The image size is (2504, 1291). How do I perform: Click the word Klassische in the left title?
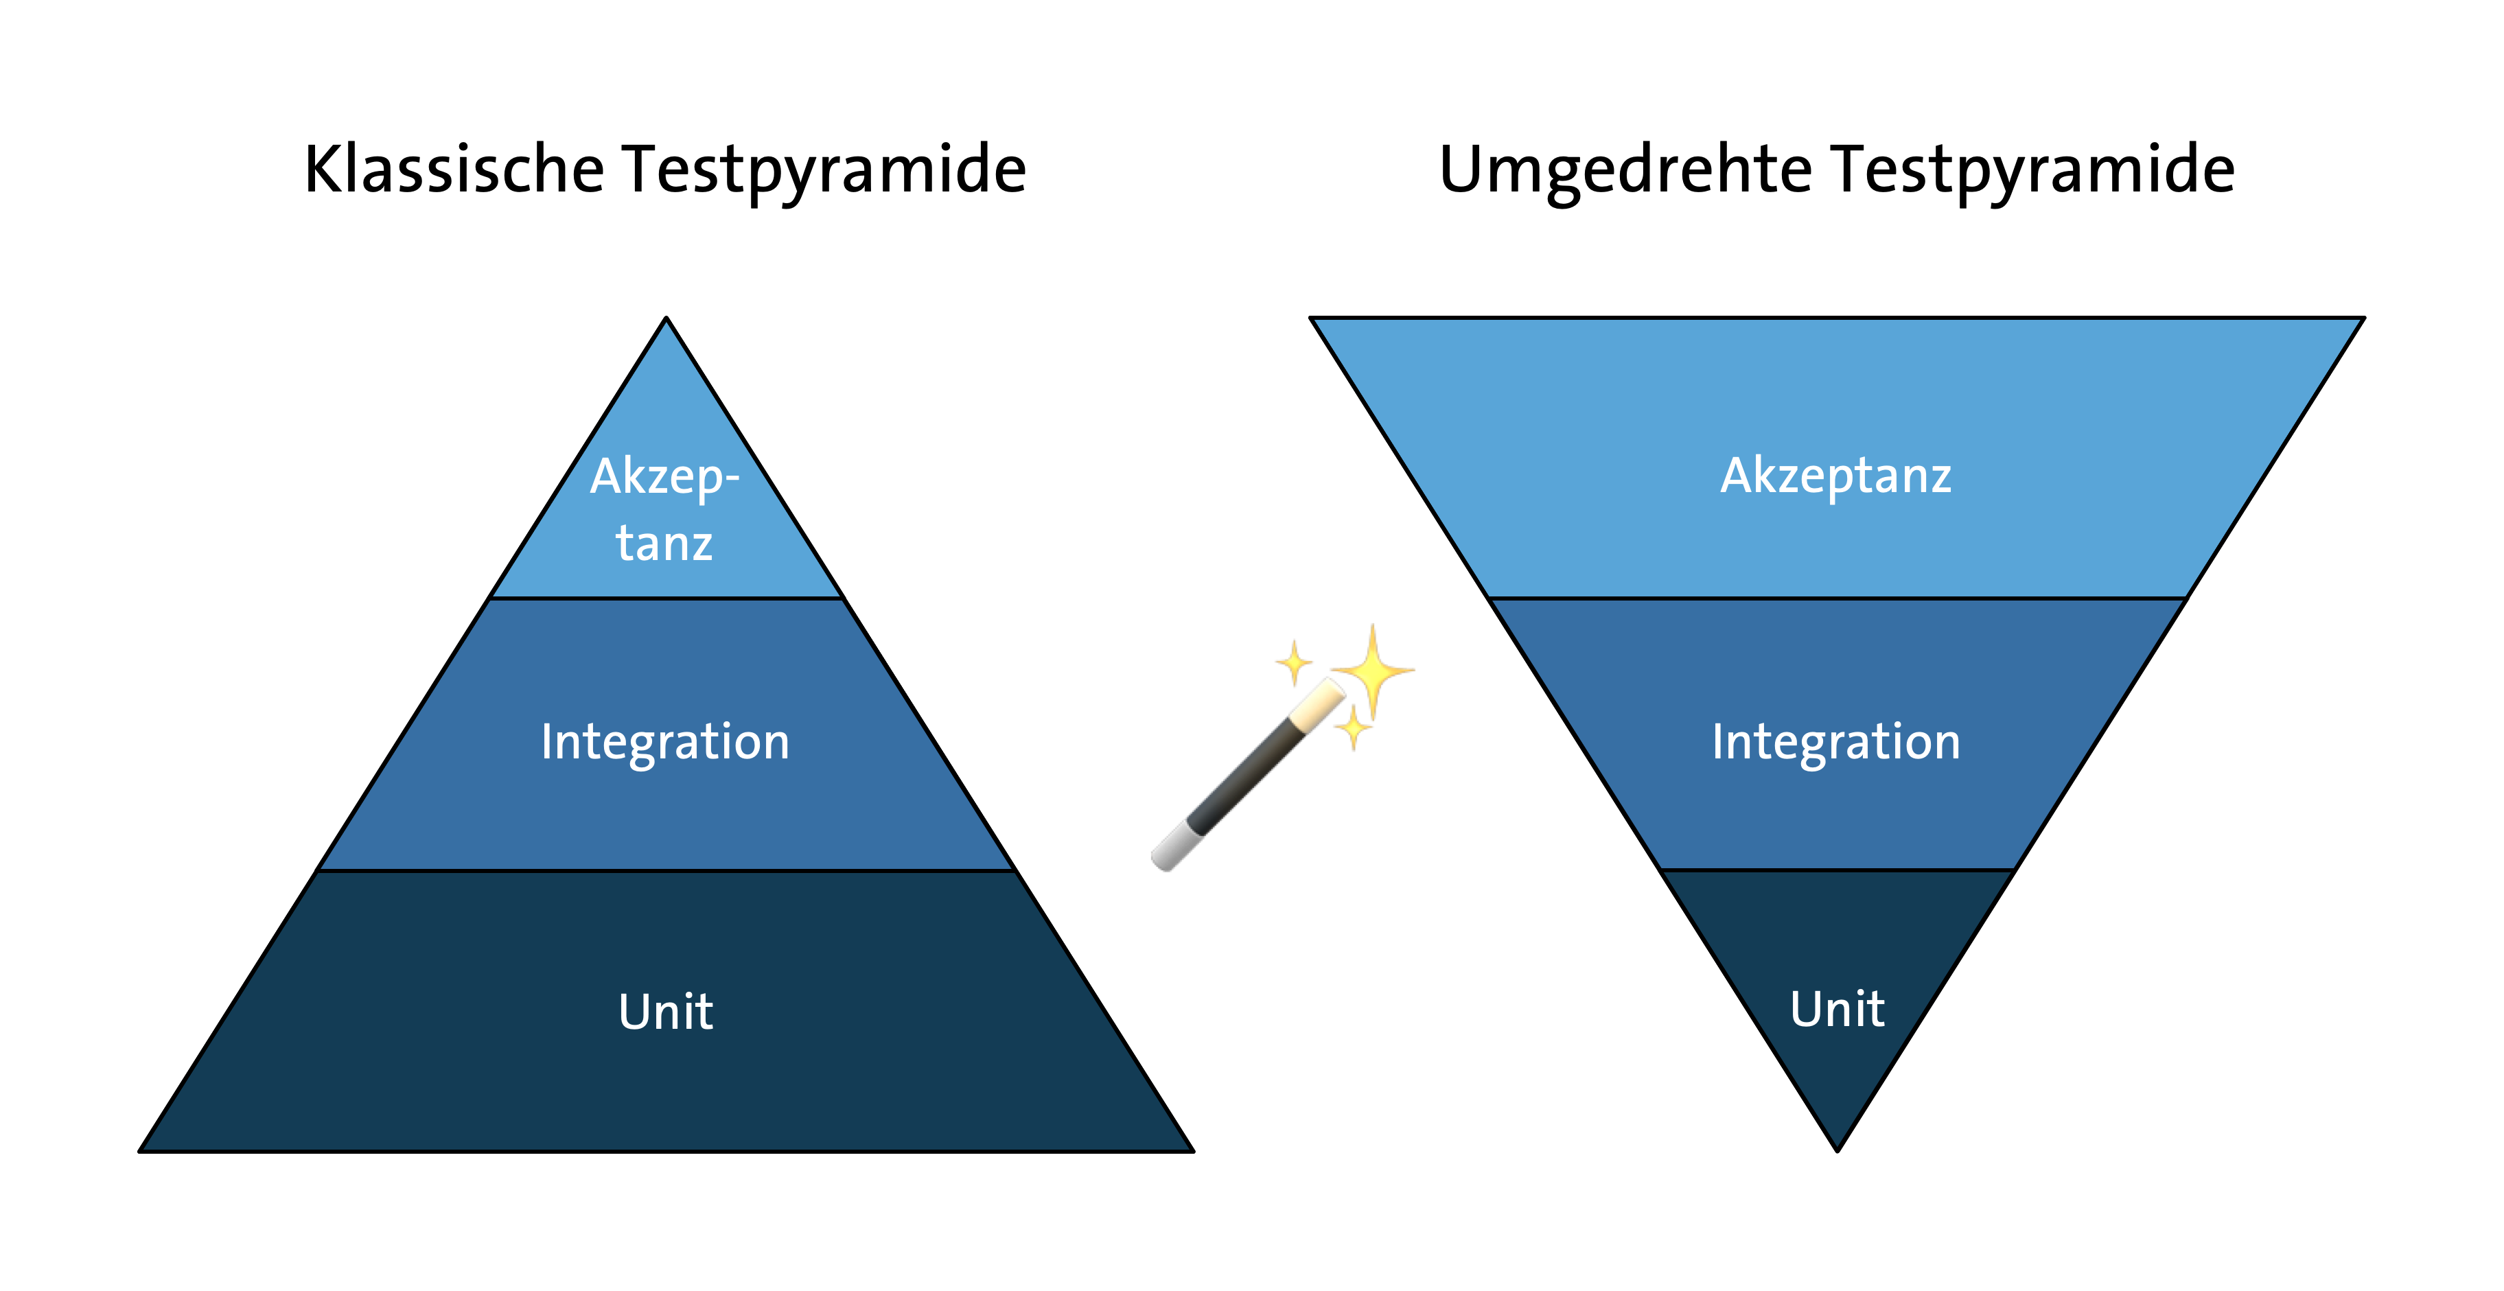click(454, 169)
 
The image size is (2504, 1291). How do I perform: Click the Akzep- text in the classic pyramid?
click(665, 478)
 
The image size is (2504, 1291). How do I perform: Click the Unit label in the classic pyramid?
click(666, 1011)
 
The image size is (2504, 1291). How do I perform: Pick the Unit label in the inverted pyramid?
click(1838, 1008)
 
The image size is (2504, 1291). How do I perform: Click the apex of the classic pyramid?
click(666, 317)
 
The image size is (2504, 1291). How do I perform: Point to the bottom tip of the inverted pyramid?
click(1838, 1152)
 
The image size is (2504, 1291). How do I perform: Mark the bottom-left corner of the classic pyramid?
click(140, 1152)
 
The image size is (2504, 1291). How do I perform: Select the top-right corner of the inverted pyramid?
click(2364, 318)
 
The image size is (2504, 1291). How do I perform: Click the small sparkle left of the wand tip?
click(1294, 664)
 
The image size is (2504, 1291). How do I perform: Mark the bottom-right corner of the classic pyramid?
click(1194, 1152)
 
